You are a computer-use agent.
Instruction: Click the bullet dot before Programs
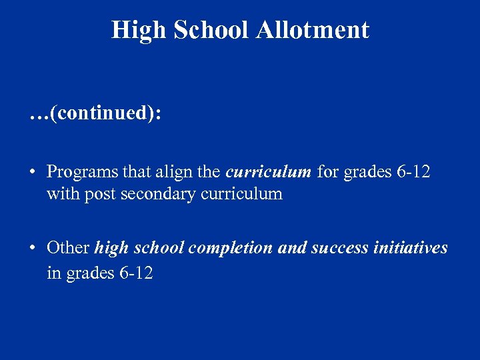32,173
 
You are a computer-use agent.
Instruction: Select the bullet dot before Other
32,249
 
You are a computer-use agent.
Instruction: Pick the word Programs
83,172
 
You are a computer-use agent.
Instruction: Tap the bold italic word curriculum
269,172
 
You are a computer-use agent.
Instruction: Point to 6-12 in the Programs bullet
413,172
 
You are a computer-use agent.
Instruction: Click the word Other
68,249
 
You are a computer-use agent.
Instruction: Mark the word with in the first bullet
61,195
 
